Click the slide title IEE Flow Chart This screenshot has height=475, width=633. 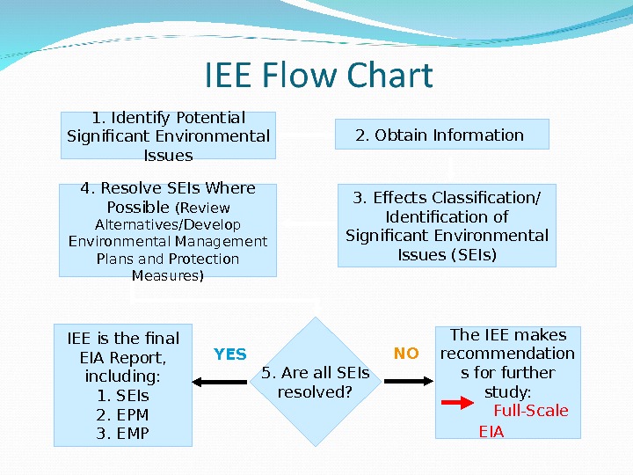[318, 76]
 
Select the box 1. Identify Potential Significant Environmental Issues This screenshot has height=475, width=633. [168, 135]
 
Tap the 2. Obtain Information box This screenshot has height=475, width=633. [442, 135]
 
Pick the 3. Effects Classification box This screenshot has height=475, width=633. [447, 226]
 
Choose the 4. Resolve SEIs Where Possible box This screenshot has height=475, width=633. [168, 230]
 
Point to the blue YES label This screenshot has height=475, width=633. [230, 354]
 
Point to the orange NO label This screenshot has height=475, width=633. [406, 354]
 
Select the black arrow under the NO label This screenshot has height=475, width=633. [408, 382]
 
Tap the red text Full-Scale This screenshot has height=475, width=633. [531, 411]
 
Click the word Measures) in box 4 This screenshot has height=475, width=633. [168, 276]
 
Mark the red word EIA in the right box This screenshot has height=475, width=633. [491, 432]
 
